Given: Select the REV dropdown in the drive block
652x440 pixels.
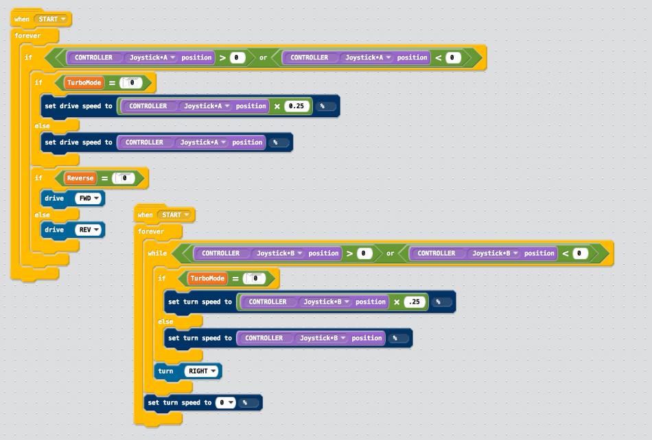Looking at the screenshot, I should tap(89, 230).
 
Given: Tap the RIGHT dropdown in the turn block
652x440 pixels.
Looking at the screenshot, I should tap(202, 371).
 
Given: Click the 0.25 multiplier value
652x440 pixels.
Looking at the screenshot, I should tap(296, 106).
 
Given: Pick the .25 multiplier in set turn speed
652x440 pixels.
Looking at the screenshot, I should tap(414, 302).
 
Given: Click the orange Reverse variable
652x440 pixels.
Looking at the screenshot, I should tap(80, 178).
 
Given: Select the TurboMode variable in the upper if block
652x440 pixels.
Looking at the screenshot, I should tap(84, 83).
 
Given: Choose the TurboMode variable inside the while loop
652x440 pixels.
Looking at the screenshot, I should tap(207, 278).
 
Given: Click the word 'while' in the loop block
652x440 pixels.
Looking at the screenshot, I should tap(157, 254).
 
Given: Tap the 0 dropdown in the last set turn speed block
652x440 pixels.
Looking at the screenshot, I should tap(225, 402).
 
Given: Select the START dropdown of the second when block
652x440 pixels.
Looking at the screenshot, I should tap(175, 215).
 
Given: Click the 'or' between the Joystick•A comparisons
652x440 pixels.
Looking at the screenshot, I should tap(263, 58).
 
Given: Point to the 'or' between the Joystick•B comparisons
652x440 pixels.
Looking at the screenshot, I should tap(390, 254).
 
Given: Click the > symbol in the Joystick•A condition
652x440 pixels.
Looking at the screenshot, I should tap(222, 58).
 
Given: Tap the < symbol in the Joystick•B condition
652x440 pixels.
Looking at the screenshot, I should tap(566, 254).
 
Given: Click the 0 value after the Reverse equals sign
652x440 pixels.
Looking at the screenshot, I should tap(124, 178).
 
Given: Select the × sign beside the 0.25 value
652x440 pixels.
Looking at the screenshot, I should tap(277, 106).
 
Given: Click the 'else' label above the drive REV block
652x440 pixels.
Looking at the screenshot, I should tap(43, 215).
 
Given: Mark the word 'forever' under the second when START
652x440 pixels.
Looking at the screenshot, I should tap(151, 232).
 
